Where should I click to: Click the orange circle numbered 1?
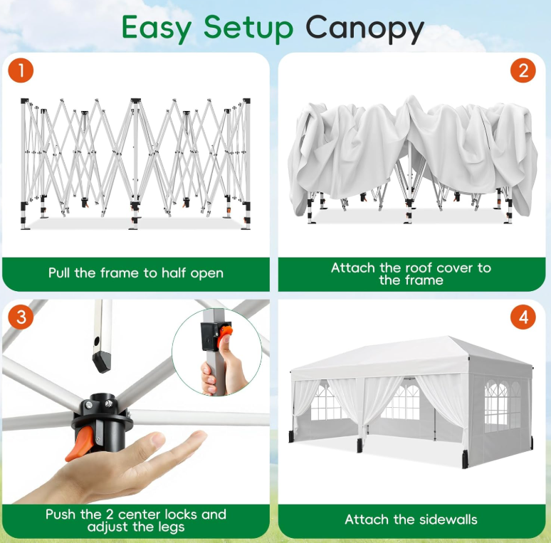(21, 70)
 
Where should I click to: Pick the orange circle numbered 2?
(523, 70)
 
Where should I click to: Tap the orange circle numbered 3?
(21, 317)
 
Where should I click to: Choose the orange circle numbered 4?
(523, 317)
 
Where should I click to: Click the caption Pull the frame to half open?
(136, 273)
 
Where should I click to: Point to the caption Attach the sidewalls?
(411, 520)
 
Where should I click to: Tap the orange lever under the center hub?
(80, 444)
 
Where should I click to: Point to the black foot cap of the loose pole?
(102, 362)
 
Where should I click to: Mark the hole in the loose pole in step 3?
(97, 341)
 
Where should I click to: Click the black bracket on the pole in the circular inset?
(211, 336)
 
